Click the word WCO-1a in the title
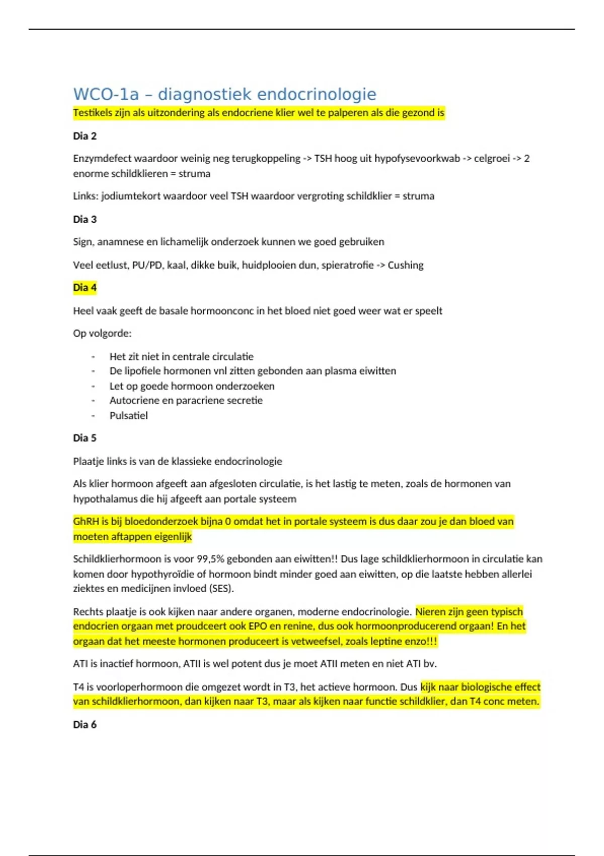point(106,94)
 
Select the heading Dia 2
point(85,136)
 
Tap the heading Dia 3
point(85,219)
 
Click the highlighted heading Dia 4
point(85,288)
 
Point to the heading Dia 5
point(85,438)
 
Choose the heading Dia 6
point(85,724)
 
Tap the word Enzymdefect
point(102,159)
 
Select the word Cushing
point(405,265)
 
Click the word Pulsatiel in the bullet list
point(129,415)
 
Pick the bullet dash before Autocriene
point(93,401)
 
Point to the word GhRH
point(86,521)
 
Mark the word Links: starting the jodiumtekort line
point(86,196)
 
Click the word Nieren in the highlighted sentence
point(431,612)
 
